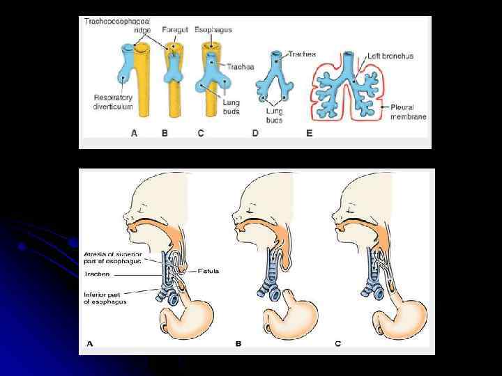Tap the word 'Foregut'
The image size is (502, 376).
click(x=174, y=30)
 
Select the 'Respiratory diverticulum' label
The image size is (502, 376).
click(x=114, y=102)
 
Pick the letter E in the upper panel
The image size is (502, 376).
click(x=310, y=133)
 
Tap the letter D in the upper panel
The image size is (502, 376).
click(x=255, y=133)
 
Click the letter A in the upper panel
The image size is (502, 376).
click(x=135, y=133)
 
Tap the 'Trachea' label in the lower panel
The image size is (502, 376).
click(x=98, y=274)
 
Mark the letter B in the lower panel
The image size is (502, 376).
click(x=238, y=343)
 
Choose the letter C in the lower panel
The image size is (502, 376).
click(x=337, y=343)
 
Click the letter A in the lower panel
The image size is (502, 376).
click(x=89, y=343)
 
